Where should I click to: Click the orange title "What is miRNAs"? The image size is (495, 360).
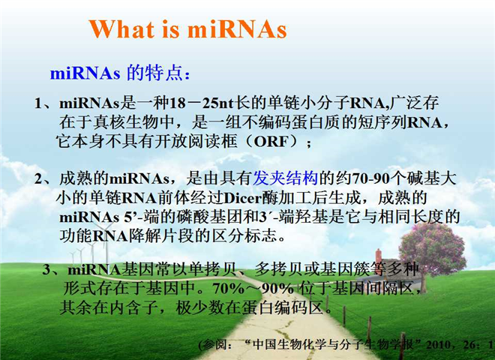click(188, 29)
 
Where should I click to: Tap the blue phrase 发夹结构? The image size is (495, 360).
click(286, 178)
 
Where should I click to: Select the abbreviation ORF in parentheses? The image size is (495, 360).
click(271, 142)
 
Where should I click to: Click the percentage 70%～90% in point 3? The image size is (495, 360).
click(253, 289)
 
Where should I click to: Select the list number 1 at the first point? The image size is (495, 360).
click(38, 103)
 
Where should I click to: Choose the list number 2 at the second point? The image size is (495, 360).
click(38, 179)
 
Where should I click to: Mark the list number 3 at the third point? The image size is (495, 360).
click(46, 269)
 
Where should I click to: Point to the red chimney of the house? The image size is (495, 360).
click(378, 256)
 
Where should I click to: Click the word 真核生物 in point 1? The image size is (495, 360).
click(126, 122)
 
